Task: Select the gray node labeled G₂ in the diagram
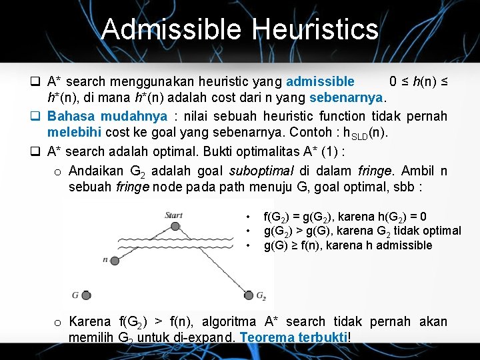tap(249, 295)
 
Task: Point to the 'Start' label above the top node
tap(173, 215)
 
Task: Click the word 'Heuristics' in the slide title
tap(316, 30)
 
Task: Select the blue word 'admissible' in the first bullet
tap(320, 82)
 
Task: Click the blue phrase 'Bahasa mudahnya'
tap(107, 116)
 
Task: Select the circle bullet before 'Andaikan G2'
tap(58, 171)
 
